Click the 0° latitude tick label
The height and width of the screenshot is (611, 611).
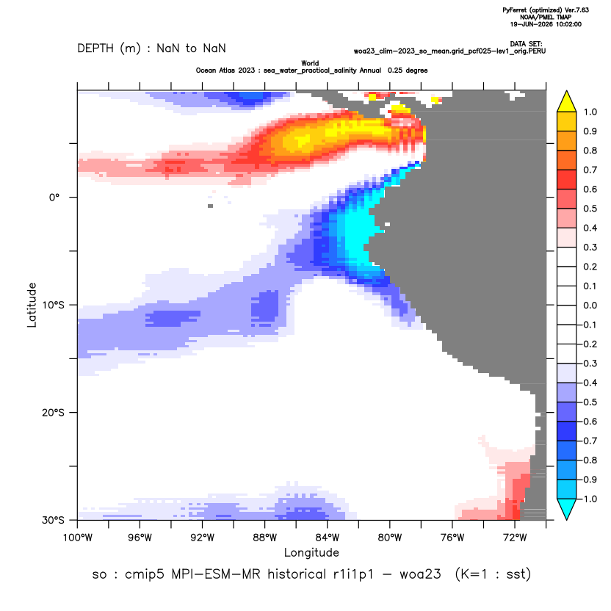(54, 198)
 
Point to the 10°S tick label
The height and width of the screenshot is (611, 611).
(53, 305)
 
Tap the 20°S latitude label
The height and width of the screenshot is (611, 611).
(53, 413)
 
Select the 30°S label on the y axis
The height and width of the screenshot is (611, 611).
(53, 520)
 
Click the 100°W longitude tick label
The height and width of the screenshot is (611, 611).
(78, 538)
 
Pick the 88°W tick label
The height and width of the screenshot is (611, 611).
(265, 538)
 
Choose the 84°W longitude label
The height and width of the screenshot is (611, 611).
(328, 538)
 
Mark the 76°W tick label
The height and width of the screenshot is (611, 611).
(452, 538)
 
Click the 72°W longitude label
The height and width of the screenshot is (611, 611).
(515, 538)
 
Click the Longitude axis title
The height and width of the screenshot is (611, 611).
(311, 552)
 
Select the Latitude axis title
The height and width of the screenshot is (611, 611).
(32, 305)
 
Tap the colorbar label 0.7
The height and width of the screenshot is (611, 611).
(590, 170)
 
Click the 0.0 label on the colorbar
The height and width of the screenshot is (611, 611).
(590, 305)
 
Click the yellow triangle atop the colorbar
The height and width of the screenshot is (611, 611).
(567, 101)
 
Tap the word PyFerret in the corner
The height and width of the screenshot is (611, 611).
(515, 10)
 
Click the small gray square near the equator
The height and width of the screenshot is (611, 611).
(211, 206)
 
